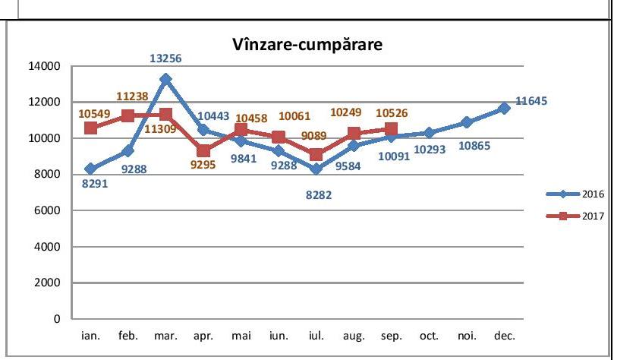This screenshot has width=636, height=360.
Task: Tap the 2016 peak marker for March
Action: coord(165,79)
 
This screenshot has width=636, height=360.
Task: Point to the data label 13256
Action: coord(166,57)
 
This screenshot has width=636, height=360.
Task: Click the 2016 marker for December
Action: coord(505,109)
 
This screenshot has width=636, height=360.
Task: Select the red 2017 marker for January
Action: coord(90,128)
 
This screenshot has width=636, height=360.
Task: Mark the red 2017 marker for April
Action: coord(203,151)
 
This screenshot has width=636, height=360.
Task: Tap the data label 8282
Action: coord(316,194)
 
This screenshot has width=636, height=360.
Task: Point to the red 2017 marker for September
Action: coord(392,129)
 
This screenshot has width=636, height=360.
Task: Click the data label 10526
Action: coord(392,113)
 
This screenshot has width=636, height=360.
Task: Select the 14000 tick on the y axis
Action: coord(45,66)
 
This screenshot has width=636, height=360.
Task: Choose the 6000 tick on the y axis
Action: coord(48,210)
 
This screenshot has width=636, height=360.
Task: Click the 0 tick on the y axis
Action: coord(56,319)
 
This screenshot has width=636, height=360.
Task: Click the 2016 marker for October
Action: coord(430,133)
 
